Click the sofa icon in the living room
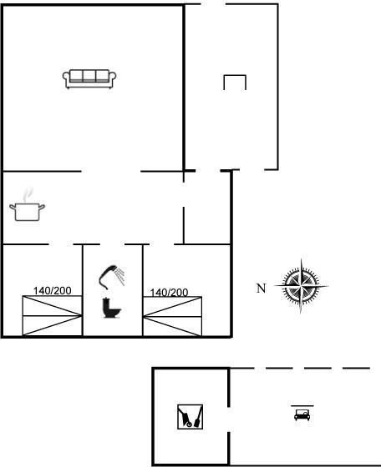[89, 79]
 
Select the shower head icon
[112, 277]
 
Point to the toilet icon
[111, 309]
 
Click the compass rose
[301, 286]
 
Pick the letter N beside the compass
[261, 289]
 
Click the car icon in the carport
[302, 414]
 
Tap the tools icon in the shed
[190, 417]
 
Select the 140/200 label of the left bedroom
[52, 291]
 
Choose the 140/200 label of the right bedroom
[169, 293]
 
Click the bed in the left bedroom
[52, 316]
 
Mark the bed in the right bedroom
[172, 316]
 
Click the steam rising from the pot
[28, 195]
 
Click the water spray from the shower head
[120, 276]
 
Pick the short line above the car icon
[302, 405]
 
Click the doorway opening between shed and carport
[229, 419]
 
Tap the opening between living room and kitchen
[111, 171]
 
